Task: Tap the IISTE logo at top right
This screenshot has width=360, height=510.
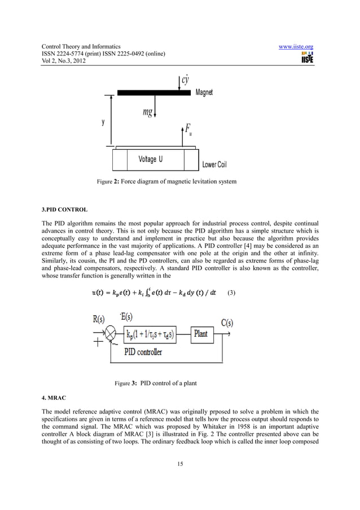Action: [x=308, y=57]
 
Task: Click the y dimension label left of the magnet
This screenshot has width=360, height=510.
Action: [x=102, y=122]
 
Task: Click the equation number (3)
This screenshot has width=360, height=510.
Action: [x=231, y=294]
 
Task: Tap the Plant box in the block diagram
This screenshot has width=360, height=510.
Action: [x=201, y=334]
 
